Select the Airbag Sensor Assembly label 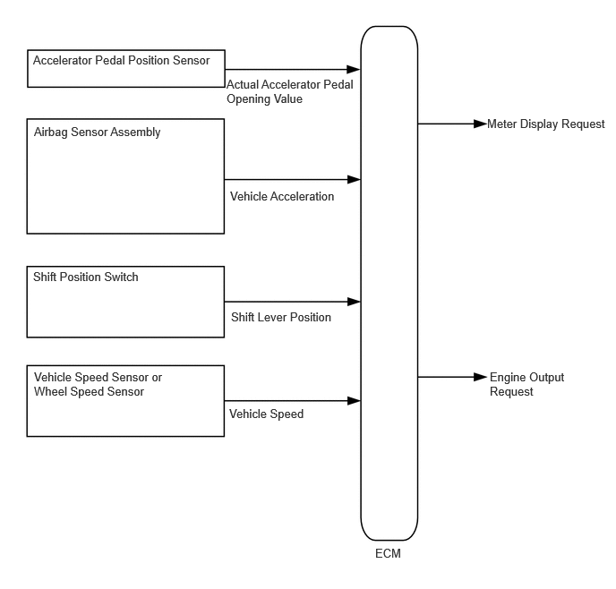click(97, 132)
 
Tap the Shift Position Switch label click(86, 277)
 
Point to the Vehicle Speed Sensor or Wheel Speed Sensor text click(98, 384)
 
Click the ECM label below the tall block click(388, 553)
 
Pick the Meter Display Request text click(545, 124)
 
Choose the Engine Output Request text click(526, 384)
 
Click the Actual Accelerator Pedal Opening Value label click(290, 91)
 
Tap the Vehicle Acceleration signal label click(282, 196)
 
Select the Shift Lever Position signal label click(281, 317)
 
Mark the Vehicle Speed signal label click(266, 414)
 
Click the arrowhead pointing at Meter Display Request click(481, 124)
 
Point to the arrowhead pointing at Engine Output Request click(481, 377)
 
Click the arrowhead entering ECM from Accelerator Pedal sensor click(354, 70)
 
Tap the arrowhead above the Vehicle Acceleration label click(354, 179)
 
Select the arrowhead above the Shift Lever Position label click(354, 302)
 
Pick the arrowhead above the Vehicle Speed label click(354, 401)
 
